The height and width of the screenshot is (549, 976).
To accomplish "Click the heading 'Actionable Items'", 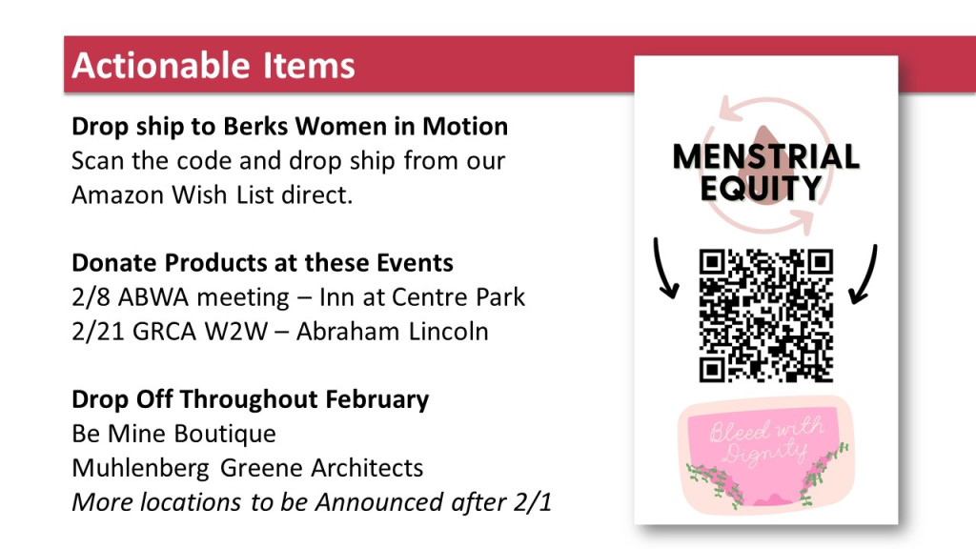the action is tap(213, 66).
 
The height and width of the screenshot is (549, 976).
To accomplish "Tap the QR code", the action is tap(766, 315).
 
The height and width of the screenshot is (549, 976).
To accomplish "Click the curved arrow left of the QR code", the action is tap(663, 268).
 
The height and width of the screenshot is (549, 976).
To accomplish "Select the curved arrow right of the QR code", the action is tap(864, 274).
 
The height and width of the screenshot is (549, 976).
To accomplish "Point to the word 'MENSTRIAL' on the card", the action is tap(766, 156).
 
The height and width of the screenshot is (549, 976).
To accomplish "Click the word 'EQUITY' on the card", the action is tap(761, 188).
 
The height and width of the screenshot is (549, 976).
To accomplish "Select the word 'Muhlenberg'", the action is tap(141, 468).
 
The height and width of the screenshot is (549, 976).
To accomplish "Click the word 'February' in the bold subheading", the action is tap(377, 399).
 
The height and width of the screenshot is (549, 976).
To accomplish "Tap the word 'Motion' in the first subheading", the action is tap(465, 127).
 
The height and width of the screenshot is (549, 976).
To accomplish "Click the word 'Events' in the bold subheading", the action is tap(415, 263).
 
